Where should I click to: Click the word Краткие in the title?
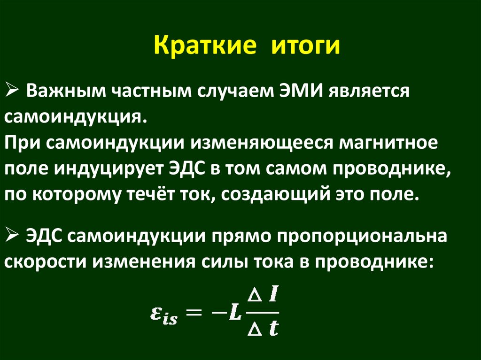205,47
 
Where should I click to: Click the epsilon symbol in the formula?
156,314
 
